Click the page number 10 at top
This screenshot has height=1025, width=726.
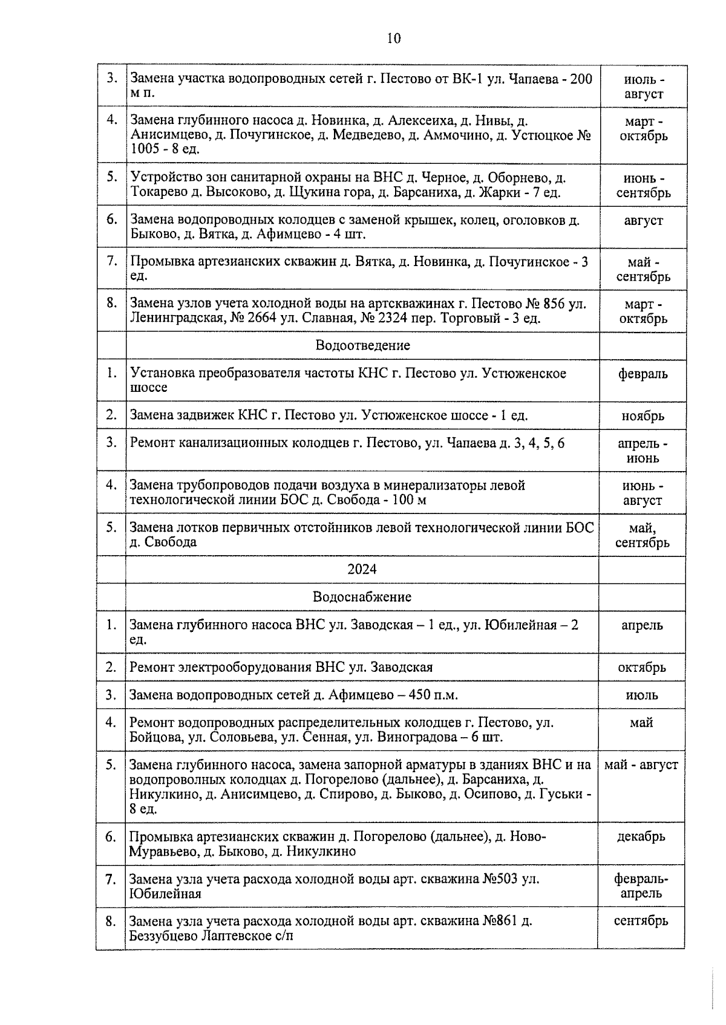tap(393, 39)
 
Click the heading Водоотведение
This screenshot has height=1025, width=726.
tap(362, 345)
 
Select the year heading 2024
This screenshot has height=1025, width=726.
tap(362, 569)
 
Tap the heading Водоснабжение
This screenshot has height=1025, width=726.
tap(362, 597)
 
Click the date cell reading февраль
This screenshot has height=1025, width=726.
tap(643, 374)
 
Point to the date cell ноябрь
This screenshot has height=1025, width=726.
tap(643, 416)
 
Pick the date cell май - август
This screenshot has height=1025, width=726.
tap(641, 765)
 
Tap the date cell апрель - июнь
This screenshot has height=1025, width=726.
tap(643, 451)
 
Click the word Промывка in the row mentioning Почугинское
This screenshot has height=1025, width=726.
tap(159, 262)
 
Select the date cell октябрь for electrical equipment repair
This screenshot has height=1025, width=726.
tap(641, 668)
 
